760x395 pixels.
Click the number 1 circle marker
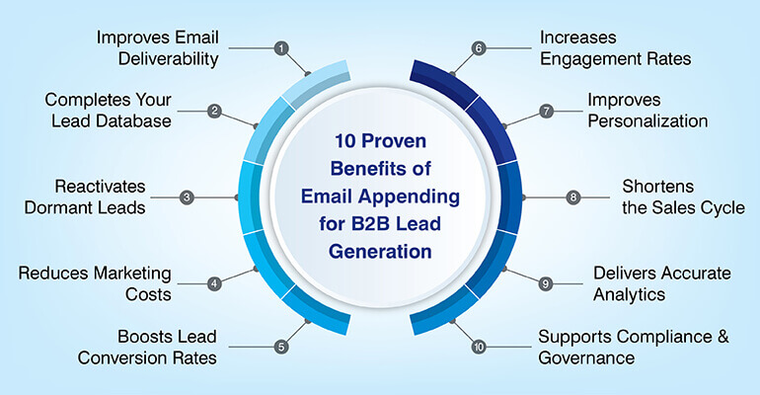point(282,47)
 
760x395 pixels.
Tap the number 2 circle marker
point(214,111)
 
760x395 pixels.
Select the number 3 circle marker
point(187,197)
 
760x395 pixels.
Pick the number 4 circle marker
point(213,283)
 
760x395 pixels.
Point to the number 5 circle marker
point(281,347)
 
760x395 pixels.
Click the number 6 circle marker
point(479,47)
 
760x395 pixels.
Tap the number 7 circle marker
point(547,111)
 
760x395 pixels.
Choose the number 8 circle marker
point(573,197)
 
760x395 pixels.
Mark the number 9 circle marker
point(547,283)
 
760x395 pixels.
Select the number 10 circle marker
point(479,347)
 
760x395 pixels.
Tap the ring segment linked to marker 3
point(253,197)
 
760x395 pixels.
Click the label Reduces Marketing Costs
point(95,283)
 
